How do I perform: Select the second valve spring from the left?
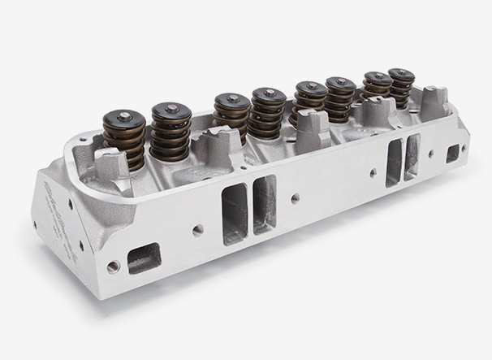[x=170, y=132]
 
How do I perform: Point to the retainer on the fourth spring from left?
[x=269, y=95]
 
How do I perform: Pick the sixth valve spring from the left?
[x=340, y=98]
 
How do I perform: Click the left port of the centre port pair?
[x=234, y=213]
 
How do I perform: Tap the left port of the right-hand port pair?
[x=395, y=162]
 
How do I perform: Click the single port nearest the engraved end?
[x=145, y=258]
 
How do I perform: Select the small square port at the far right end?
[x=452, y=154]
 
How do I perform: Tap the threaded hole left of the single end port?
[x=114, y=267]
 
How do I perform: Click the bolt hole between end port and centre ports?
[x=198, y=231]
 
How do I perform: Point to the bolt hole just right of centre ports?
[x=295, y=197]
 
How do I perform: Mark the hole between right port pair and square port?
[x=430, y=153]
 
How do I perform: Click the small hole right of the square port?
[x=464, y=149]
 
